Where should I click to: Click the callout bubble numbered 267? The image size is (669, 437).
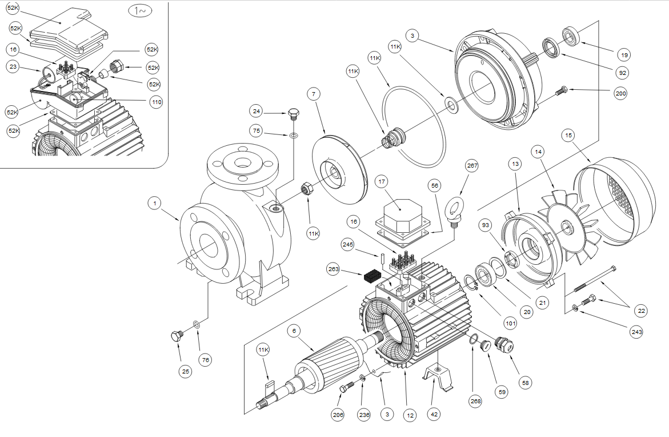pyautogui.click(x=471, y=166)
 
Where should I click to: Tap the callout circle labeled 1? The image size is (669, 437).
pyautogui.click(x=154, y=202)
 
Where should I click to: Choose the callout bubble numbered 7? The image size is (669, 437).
pyautogui.click(x=313, y=93)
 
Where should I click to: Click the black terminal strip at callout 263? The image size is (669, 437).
pyautogui.click(x=372, y=276)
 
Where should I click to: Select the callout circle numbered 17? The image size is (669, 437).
pyautogui.click(x=382, y=182)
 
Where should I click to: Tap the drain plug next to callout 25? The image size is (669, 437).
pyautogui.click(x=177, y=336)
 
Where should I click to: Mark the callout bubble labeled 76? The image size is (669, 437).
pyautogui.click(x=205, y=359)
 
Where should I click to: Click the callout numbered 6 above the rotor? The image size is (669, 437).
pyautogui.click(x=294, y=331)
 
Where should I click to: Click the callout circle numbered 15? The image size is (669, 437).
pyautogui.click(x=568, y=136)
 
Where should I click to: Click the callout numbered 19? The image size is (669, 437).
pyautogui.click(x=623, y=55)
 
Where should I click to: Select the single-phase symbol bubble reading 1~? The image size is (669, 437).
pyautogui.click(x=140, y=12)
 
